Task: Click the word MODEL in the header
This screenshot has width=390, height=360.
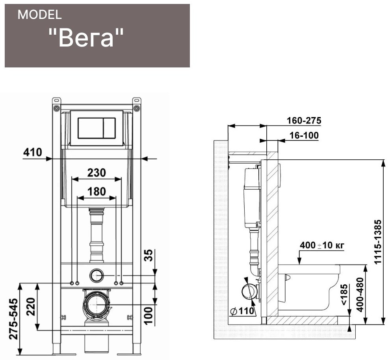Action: pos(39,15)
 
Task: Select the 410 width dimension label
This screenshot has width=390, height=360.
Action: pos(33,152)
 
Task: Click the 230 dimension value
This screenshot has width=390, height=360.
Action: pos(97,173)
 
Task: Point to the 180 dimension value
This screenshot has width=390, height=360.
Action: pos(97,192)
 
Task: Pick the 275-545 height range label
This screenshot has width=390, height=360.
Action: pos(14,319)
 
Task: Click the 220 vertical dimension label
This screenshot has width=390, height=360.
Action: pos(31,307)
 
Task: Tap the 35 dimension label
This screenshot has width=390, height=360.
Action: pos(149,255)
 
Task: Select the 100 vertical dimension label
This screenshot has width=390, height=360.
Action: pos(149,315)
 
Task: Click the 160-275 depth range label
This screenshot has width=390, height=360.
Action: pos(304,121)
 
